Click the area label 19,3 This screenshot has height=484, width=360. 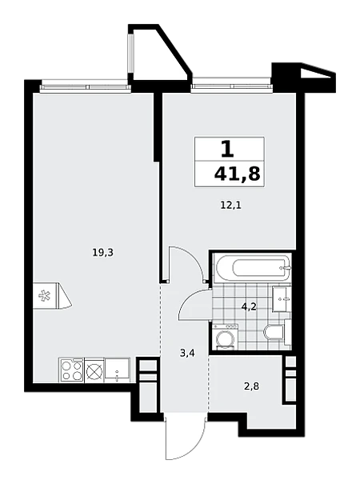[103, 253]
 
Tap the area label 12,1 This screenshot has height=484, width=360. [230, 206]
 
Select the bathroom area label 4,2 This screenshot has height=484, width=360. [250, 307]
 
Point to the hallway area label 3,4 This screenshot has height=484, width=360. [187, 354]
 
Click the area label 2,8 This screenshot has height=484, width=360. [252, 386]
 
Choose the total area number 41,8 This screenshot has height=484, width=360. [237, 174]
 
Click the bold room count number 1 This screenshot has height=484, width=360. [227, 150]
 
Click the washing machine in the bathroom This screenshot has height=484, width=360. [225, 337]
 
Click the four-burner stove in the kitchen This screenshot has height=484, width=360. [71, 370]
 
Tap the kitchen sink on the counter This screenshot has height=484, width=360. [118, 369]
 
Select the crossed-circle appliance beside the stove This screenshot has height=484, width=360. [94, 370]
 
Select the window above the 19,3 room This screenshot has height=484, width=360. [85, 86]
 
